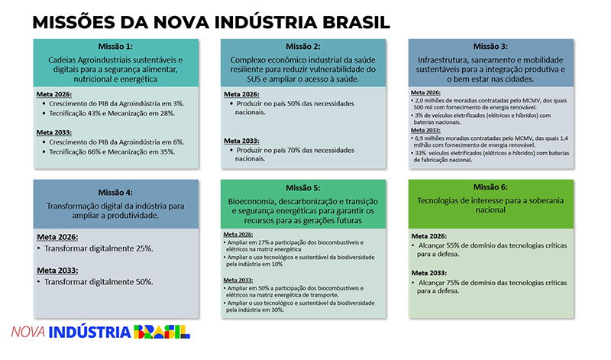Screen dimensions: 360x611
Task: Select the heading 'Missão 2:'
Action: (x=303, y=46)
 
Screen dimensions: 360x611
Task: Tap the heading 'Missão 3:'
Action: (x=490, y=46)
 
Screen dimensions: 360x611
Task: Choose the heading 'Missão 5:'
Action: (x=303, y=188)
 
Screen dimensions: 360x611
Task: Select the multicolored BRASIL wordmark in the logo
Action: (x=162, y=332)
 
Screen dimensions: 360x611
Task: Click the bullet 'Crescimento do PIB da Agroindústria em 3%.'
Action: (x=115, y=103)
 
